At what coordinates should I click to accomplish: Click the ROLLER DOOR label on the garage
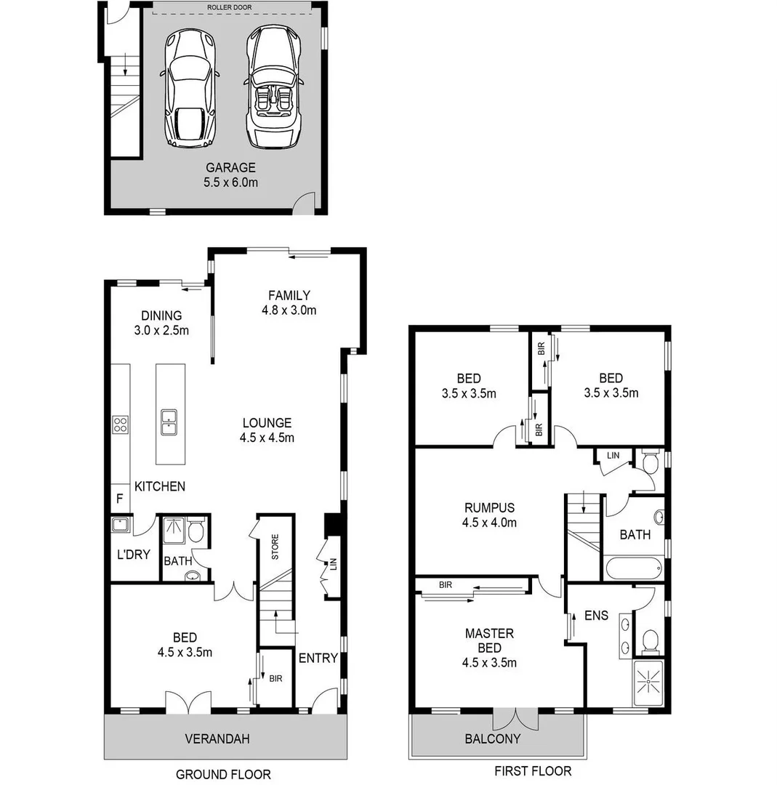pyautogui.click(x=230, y=7)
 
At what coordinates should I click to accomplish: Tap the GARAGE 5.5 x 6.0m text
pyautogui.click(x=230, y=175)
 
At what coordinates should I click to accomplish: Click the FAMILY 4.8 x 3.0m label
pyautogui.click(x=289, y=302)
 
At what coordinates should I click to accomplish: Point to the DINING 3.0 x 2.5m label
pyautogui.click(x=161, y=323)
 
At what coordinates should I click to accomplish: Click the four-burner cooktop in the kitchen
pyautogui.click(x=121, y=424)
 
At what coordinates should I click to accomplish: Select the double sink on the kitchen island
pyautogui.click(x=169, y=422)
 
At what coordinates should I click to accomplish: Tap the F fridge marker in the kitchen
pyautogui.click(x=120, y=499)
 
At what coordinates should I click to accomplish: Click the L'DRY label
pyautogui.click(x=133, y=555)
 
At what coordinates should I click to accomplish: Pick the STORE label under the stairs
pyautogui.click(x=275, y=547)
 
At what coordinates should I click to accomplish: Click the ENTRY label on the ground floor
pyautogui.click(x=318, y=659)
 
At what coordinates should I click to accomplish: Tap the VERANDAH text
pyautogui.click(x=217, y=739)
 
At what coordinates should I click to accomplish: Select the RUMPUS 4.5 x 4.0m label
pyautogui.click(x=489, y=515)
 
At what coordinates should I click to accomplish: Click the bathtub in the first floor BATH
pyautogui.click(x=632, y=567)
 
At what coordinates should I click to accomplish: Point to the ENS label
pyautogui.click(x=596, y=616)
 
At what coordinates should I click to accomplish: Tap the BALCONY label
pyautogui.click(x=493, y=739)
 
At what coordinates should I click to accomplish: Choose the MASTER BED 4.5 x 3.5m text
pyautogui.click(x=489, y=648)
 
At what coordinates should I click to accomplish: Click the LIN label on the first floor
pyautogui.click(x=613, y=455)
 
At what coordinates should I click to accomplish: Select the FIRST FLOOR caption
pyautogui.click(x=533, y=771)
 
